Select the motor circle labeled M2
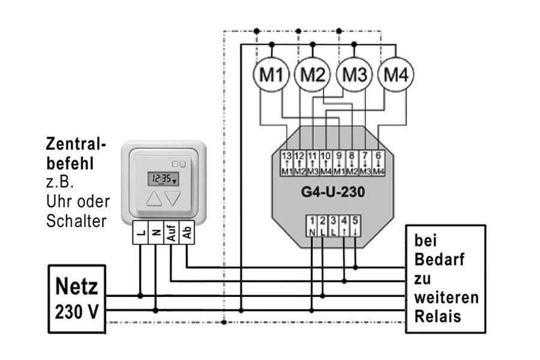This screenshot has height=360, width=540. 312,75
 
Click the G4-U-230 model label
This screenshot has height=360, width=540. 334,193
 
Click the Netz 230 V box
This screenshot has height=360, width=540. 77,298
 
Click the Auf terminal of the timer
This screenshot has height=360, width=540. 171,232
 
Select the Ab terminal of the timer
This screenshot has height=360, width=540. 187,232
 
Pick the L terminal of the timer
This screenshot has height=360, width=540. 140,232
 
